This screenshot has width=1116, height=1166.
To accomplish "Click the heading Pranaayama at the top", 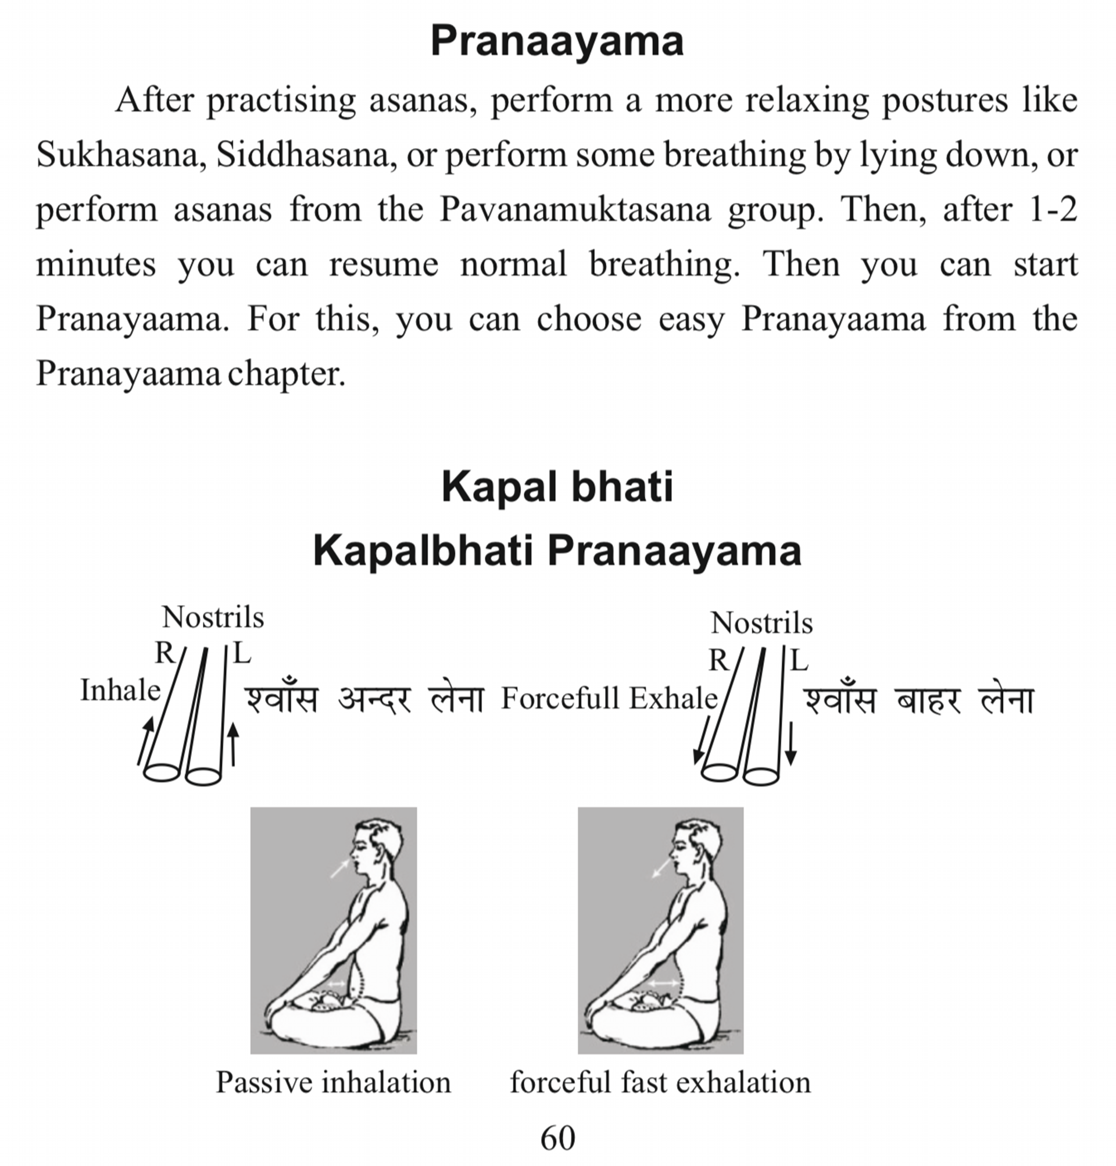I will (x=557, y=41).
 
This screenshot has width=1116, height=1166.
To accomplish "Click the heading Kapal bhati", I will (x=557, y=487).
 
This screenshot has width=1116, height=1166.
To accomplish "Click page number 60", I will (x=557, y=1138).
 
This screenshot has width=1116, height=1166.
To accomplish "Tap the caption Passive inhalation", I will (x=333, y=1082).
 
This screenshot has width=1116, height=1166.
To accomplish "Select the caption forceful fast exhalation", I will (x=660, y=1082).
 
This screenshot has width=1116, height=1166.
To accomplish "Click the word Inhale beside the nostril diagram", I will (x=120, y=691).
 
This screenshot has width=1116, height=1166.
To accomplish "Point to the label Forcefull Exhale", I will (x=609, y=699).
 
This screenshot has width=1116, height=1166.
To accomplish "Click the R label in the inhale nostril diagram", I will (x=164, y=653).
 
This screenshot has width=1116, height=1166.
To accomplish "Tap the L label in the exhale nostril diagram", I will (x=799, y=660).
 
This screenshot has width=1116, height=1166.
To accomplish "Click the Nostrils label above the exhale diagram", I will (x=761, y=624).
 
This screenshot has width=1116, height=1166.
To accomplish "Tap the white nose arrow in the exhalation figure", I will (x=661, y=868).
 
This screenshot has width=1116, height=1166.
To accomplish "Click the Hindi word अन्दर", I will (x=374, y=700).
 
